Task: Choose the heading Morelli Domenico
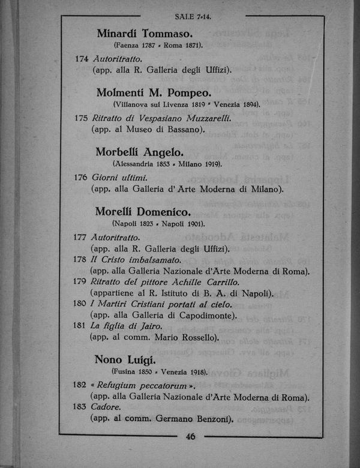tap(143, 211)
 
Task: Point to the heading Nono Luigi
tap(125, 360)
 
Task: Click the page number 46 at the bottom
tap(191, 437)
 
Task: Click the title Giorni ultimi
tap(119, 178)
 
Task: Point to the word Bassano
tap(183, 129)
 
